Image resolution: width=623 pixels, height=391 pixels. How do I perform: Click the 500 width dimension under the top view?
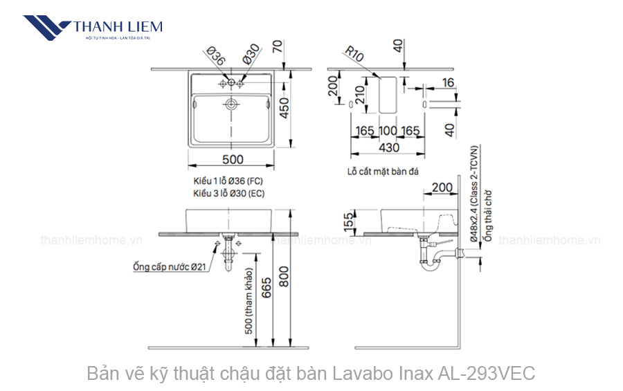click(233, 159)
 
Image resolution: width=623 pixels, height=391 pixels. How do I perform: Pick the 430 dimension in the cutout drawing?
click(388, 147)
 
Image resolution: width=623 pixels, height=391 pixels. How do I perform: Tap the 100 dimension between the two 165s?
click(388, 131)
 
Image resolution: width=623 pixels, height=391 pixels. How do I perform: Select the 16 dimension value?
click(448, 82)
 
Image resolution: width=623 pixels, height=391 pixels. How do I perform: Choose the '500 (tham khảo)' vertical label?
click(249, 304)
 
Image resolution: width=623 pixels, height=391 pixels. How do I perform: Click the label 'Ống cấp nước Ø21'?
click(168, 266)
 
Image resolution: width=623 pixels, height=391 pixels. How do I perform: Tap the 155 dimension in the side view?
click(349, 219)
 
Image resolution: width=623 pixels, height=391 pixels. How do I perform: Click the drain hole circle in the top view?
click(231, 104)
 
